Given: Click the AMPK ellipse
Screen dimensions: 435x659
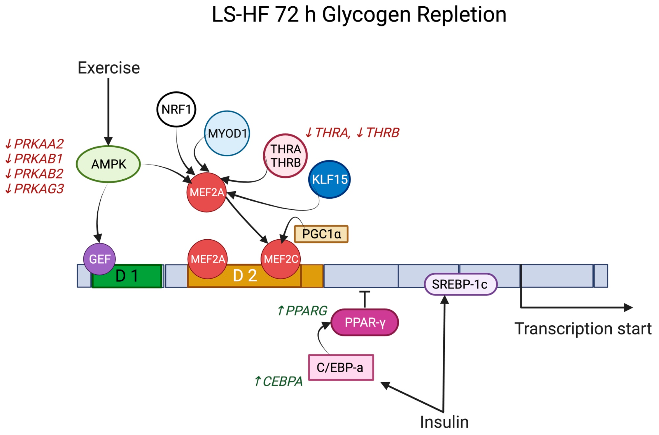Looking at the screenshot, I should tap(108, 164).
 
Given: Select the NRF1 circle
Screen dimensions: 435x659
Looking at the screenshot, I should tap(176, 110).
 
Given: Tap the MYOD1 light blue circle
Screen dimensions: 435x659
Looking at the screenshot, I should tap(227, 133).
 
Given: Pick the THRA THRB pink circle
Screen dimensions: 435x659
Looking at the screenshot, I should tap(285, 156).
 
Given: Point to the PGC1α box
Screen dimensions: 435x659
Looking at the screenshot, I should tap(321, 234).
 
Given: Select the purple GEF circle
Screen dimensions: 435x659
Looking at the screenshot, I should tap(100, 259).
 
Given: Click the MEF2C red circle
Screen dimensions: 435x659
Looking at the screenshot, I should tap(281, 259).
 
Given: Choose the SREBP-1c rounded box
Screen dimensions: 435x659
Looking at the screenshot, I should tap(460, 284).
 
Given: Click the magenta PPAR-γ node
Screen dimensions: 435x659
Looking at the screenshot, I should tap(365, 323).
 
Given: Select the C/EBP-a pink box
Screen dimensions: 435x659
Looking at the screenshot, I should tap(341, 368).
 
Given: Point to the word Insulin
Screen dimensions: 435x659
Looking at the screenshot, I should tap(444, 422).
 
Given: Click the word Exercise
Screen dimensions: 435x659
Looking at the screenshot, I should tap(108, 68).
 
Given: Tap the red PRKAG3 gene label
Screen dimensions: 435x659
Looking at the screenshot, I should tap(35, 189).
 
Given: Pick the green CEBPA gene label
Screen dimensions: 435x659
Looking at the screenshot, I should tap(279, 381).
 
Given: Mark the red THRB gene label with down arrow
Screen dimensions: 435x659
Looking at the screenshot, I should tap(378, 133).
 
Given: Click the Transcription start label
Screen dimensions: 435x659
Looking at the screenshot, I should tap(583, 329).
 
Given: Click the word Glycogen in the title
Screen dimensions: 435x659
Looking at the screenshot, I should tap(366, 15).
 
